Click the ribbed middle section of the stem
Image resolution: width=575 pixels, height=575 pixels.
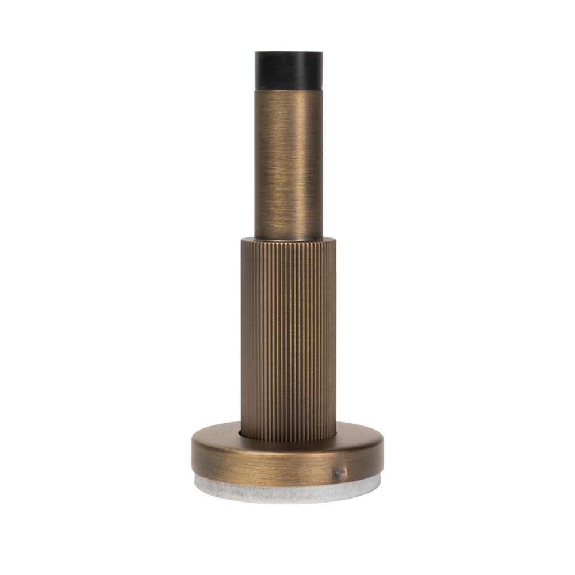[287, 333]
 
